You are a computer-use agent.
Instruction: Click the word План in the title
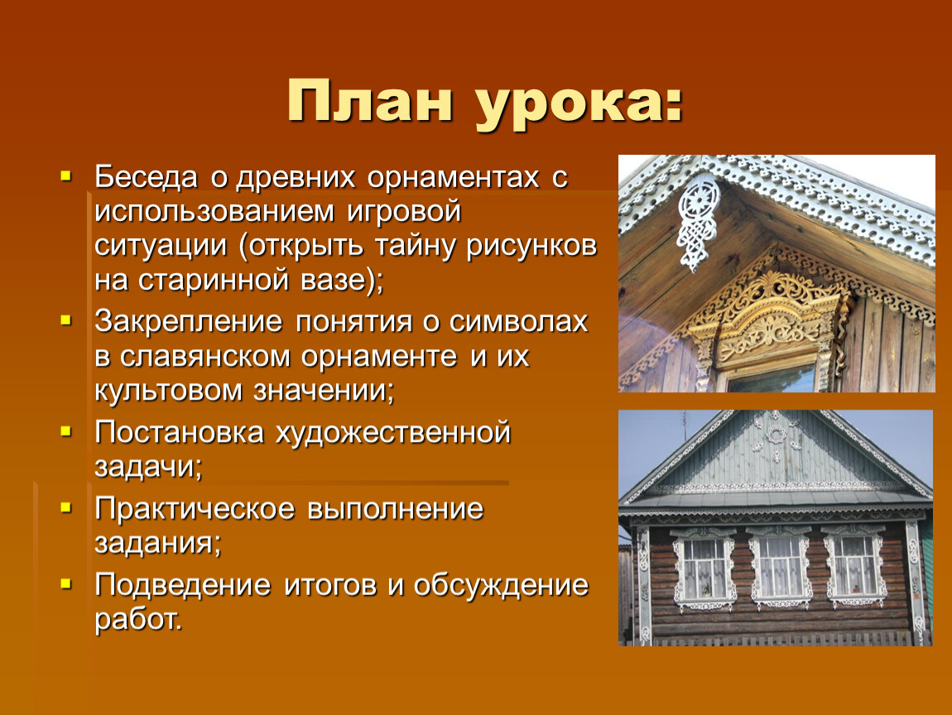click(370, 101)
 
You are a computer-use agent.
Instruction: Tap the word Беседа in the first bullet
click(147, 177)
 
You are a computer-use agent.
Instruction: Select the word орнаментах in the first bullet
click(453, 177)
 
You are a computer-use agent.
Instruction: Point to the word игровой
click(404, 212)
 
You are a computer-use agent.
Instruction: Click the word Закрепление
click(189, 322)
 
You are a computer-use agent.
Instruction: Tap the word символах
click(518, 322)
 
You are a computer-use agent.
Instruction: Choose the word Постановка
click(179, 433)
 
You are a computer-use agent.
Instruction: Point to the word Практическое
click(195, 510)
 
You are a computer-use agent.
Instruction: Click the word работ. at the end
click(138, 620)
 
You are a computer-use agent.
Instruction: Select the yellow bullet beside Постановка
click(66, 432)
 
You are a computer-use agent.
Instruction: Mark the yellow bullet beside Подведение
click(66, 584)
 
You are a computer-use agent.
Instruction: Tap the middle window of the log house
click(779, 568)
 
